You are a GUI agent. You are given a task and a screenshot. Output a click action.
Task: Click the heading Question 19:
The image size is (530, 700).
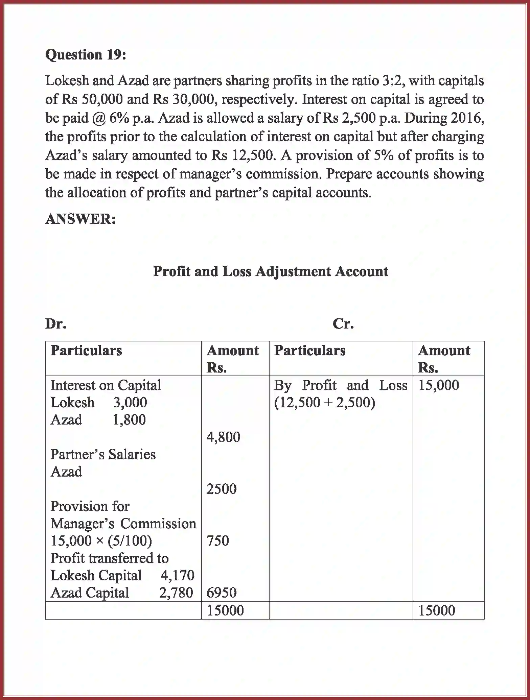86,55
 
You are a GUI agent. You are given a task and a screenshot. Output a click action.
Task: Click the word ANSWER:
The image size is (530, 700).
80,219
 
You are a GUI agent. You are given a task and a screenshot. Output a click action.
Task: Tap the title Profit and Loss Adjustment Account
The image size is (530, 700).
271,271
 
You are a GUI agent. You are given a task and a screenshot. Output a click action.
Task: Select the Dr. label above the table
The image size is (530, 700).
56,324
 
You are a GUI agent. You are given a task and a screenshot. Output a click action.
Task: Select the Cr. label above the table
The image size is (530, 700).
343,324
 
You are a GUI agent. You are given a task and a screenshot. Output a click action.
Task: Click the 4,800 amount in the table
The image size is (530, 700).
223,437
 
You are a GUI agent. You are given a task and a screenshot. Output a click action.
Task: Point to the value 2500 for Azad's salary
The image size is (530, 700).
222,489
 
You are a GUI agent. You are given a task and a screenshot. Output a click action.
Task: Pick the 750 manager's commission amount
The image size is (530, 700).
218,541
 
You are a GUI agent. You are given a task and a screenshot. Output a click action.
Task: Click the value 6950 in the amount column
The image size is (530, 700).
222,593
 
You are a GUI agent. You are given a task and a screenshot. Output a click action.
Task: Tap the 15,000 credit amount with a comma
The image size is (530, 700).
439,385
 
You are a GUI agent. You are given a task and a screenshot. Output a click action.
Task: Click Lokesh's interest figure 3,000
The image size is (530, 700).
130,403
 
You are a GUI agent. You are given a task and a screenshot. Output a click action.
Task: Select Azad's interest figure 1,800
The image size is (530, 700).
129,420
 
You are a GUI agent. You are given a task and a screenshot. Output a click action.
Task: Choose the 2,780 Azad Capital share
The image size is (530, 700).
176,593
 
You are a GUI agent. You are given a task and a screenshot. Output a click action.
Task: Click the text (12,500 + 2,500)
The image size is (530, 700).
324,403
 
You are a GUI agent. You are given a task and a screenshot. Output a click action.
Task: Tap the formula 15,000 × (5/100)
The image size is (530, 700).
101,541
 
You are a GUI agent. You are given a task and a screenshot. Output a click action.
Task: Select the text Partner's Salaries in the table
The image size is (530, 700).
103,455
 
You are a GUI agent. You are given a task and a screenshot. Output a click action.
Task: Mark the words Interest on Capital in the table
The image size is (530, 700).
106,385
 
